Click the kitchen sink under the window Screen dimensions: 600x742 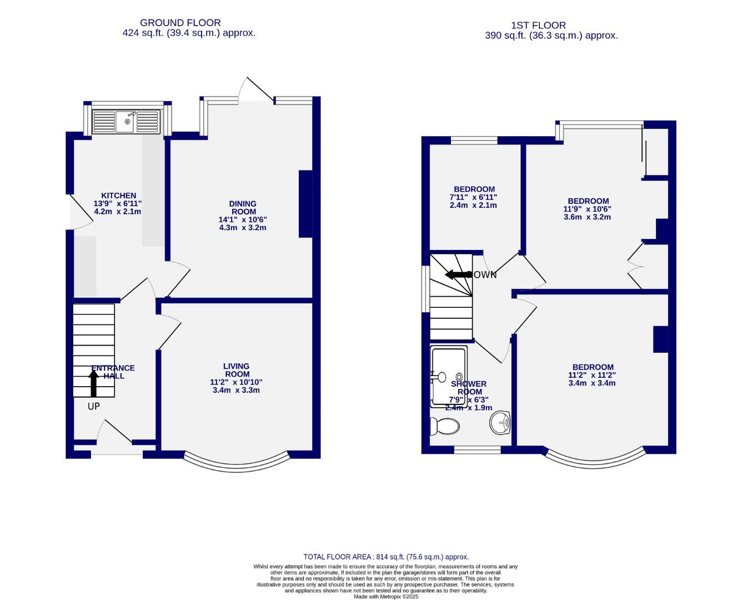pos(126,122)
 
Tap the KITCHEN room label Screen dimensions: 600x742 pos(118,196)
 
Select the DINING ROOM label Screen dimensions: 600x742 pos(243,207)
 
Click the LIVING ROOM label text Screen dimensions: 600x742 pos(236,370)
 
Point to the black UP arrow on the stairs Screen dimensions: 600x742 pos(94,383)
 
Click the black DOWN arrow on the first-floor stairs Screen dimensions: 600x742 pos(458,274)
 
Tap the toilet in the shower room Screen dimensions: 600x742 pos(445,426)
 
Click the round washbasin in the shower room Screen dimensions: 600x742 pos(500,422)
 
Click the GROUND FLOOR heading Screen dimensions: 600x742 pos(180,23)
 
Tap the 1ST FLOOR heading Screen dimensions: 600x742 pos(538,25)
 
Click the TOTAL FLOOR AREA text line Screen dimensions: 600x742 pos(386,557)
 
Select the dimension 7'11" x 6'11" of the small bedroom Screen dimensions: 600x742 pos(473,197)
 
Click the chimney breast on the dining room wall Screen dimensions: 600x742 pos(305,204)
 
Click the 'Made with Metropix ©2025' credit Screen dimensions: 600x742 pos(386,597)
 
